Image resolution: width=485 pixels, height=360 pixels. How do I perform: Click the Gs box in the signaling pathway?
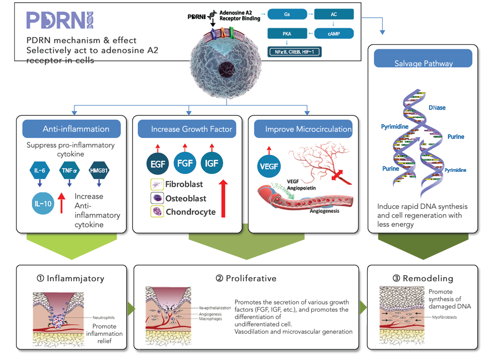click(287, 15)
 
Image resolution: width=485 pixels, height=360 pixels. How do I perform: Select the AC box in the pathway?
click(334, 15)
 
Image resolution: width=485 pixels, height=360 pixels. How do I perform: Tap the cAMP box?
click(334, 34)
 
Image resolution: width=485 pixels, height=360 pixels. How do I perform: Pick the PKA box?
click(287, 34)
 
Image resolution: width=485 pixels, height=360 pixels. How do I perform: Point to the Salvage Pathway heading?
click(423, 63)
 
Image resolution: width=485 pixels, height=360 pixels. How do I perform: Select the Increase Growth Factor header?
click(187, 129)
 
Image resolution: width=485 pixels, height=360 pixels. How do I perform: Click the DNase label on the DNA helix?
click(437, 107)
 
